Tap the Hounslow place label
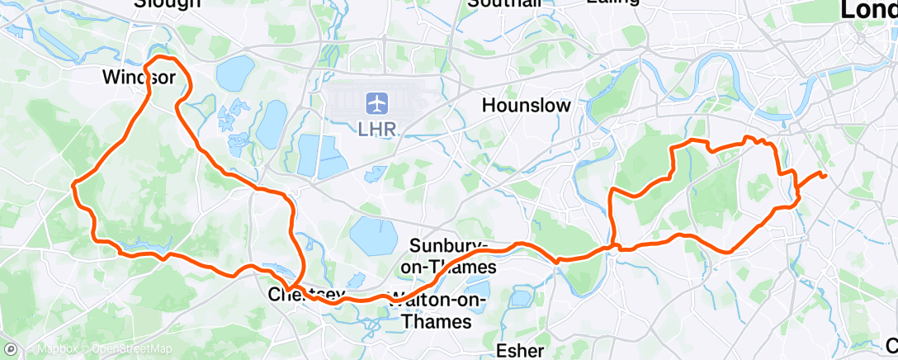pyautogui.click(x=527, y=106)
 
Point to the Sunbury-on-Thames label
pyautogui.click(x=453, y=255)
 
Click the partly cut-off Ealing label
pyautogui.click(x=612, y=2)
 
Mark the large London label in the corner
pyautogui.click(x=868, y=10)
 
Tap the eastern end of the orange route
pyautogui.click(x=825, y=175)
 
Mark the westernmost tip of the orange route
pyautogui.click(x=73, y=183)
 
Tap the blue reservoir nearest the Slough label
pyautogui.click(x=234, y=73)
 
